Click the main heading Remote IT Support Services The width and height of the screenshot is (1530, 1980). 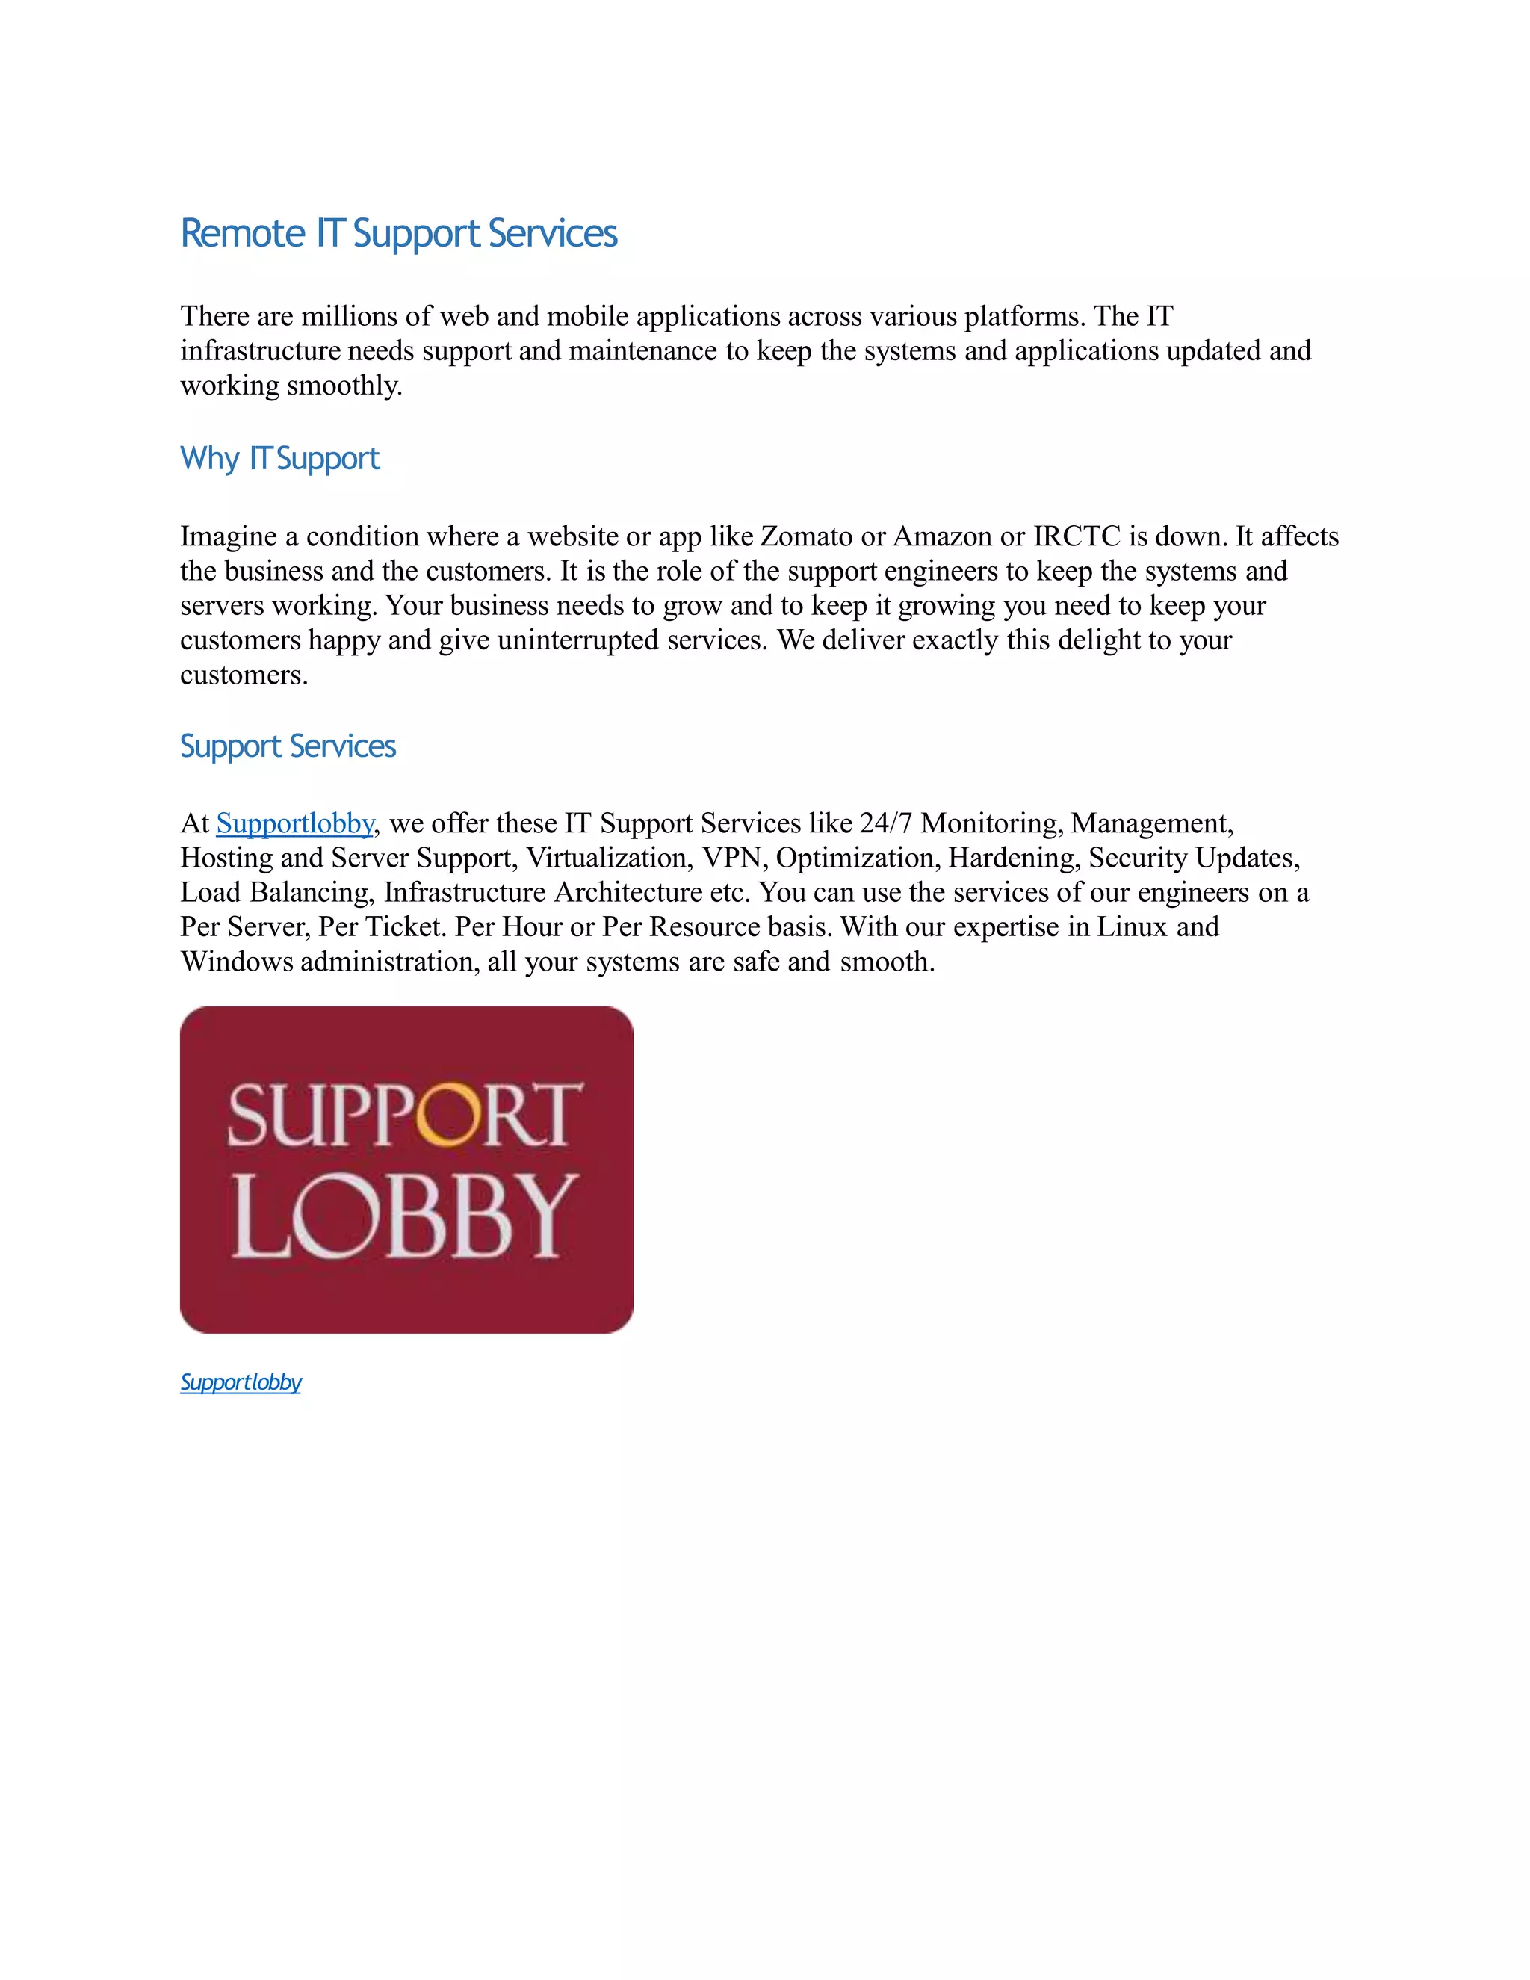point(399,233)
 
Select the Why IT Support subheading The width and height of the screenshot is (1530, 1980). point(279,459)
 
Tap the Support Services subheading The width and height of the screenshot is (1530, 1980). point(288,746)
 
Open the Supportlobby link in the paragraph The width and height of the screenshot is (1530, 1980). point(294,823)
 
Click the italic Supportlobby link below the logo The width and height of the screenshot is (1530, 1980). point(241,1382)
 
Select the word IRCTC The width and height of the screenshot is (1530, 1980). point(1077,536)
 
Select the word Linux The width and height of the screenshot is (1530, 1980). point(1132,926)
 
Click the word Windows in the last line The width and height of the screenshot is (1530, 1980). point(237,961)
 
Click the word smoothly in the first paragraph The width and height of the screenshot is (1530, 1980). point(344,386)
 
